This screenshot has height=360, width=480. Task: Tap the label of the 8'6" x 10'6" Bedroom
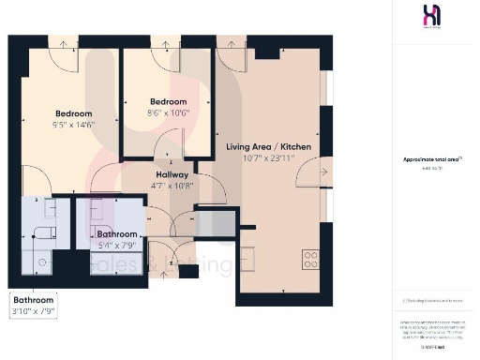tap(168, 101)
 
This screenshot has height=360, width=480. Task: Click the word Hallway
tap(172, 174)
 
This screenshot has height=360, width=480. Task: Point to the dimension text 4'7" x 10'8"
tap(172, 186)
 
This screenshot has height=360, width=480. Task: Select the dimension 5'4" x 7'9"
tap(118, 246)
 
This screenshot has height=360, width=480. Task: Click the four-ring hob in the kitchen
tap(312, 260)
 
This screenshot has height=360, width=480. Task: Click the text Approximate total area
tap(432, 159)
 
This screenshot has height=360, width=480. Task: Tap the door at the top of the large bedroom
tap(62, 48)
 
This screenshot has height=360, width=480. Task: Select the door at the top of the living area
tap(230, 49)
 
